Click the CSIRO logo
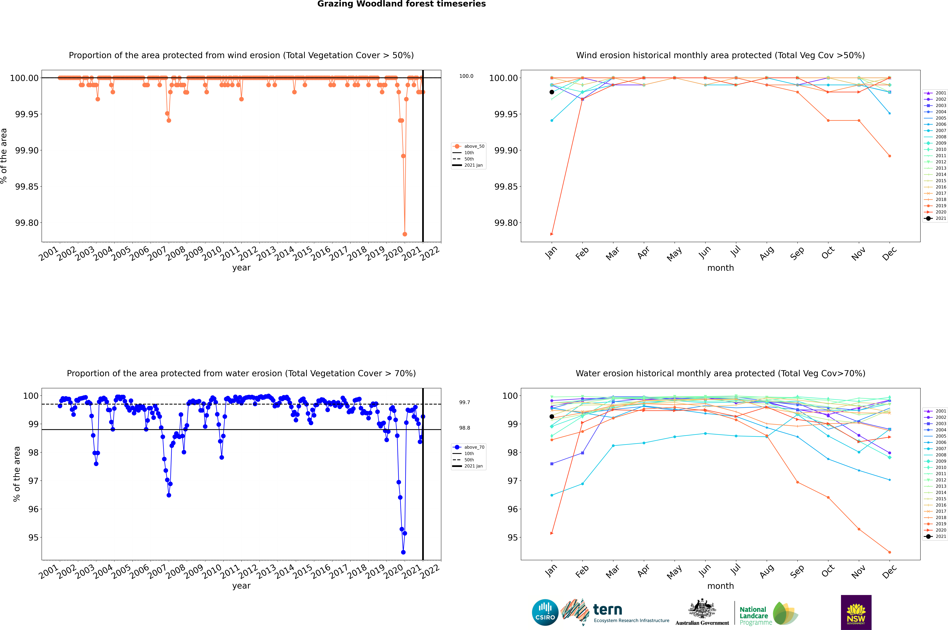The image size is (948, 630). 545,612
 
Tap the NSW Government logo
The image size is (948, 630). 856,612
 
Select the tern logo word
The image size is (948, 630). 608,610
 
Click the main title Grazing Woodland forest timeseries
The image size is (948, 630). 401,4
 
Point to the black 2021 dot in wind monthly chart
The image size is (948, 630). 552,92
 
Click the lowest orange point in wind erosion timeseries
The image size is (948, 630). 405,234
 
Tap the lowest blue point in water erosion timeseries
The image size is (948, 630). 403,552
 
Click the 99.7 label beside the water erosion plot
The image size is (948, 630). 465,402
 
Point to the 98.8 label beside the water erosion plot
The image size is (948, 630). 465,428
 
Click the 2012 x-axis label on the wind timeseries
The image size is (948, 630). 248,253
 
